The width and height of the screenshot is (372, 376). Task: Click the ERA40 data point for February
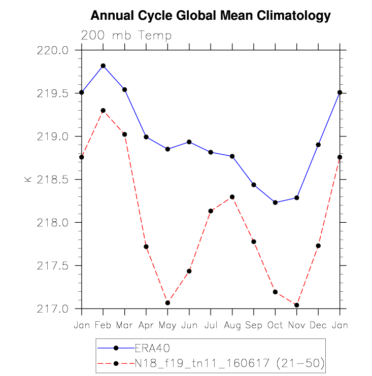pos(103,66)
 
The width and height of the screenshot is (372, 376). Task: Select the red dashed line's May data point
pos(167,303)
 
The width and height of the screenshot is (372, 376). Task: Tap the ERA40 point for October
pos(276,202)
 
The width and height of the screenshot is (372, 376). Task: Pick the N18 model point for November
pos(297,305)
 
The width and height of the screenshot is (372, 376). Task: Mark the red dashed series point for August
pos(232,197)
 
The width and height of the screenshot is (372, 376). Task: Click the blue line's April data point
pos(146,137)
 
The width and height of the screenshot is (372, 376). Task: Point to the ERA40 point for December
pos(318,145)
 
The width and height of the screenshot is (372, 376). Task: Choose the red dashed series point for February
pos(103,111)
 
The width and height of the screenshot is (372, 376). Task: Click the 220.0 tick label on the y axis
pos(52,50)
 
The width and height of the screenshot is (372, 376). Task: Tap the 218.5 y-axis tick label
pos(52,180)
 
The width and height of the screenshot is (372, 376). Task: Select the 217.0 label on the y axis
pos(52,309)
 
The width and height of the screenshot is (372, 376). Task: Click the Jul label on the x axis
pos(211,325)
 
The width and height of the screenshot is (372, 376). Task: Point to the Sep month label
pos(254,326)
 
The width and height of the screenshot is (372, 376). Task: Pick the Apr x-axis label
pos(146,326)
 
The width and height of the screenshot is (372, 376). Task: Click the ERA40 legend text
pos(152,348)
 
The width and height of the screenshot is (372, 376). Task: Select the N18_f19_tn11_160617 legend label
pos(202,363)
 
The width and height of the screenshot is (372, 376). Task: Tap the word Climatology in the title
pos(293,16)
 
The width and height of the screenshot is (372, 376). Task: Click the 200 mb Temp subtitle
pos(126,36)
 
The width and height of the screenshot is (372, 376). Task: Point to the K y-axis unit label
pos(28,179)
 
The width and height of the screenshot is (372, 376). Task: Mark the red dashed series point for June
pos(189,271)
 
